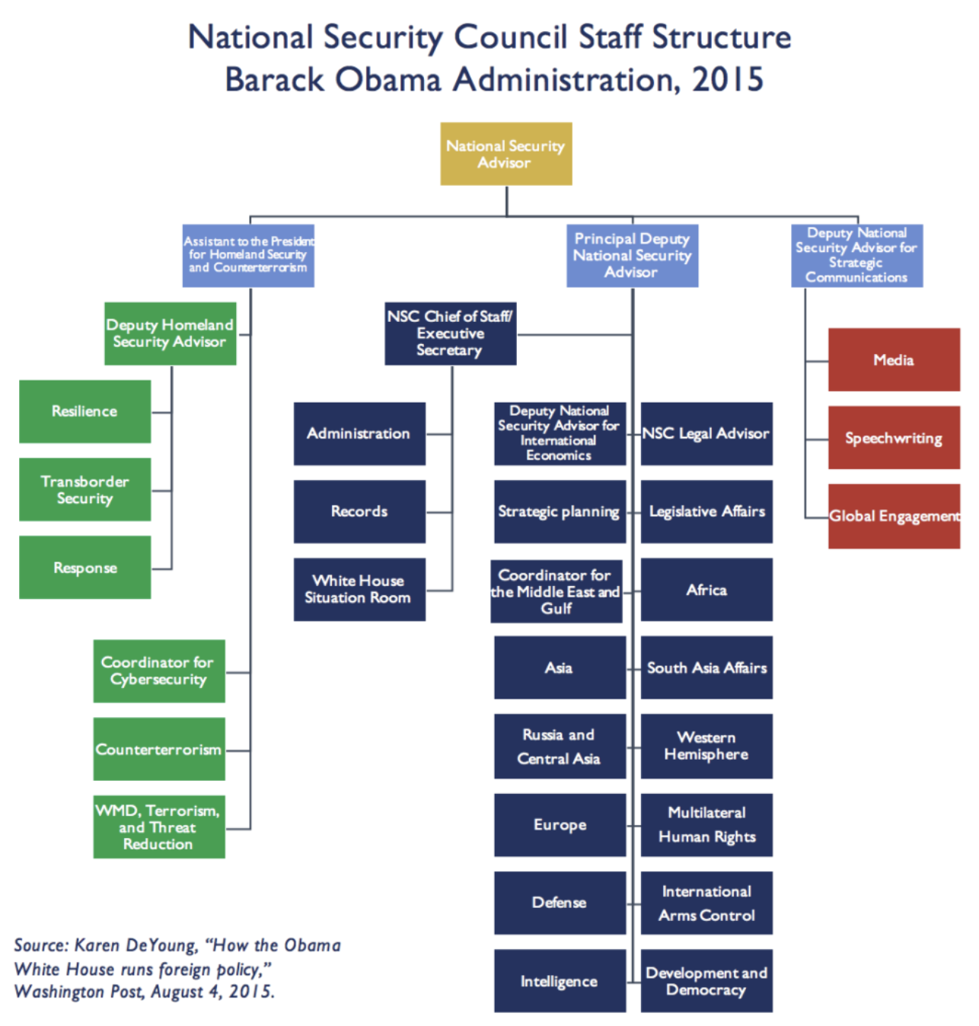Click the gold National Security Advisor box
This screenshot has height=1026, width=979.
point(505,154)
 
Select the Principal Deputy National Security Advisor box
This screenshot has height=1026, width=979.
point(632,256)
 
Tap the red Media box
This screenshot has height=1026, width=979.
point(894,360)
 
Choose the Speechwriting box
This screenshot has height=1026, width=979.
point(894,438)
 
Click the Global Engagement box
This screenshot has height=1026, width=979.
point(894,516)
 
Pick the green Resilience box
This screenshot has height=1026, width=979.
point(85,411)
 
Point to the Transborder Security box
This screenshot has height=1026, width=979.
point(85,489)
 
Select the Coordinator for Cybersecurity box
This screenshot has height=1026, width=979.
point(158,671)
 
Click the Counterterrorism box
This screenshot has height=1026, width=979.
point(158,749)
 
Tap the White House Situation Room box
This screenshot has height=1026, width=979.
point(359,589)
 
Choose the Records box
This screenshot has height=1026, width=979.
point(359,511)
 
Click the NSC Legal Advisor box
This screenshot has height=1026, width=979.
point(706,434)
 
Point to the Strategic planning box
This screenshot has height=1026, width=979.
point(560,511)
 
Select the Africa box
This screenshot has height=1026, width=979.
point(706,590)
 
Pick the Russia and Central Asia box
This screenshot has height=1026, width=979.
point(560,746)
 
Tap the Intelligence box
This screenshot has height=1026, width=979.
point(560,980)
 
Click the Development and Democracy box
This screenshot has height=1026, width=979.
point(706,980)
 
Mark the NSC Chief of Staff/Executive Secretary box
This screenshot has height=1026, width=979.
point(450,333)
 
